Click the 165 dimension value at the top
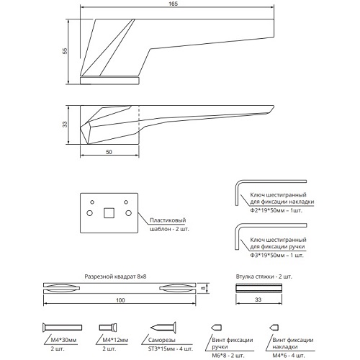coord(173,4)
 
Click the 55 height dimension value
coord(65,51)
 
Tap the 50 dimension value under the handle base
coord(109,152)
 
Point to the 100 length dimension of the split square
coord(120,300)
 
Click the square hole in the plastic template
coord(109,213)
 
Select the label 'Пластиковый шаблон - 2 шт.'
coord(169,225)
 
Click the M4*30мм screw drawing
coord(63,328)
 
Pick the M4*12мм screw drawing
coord(108,327)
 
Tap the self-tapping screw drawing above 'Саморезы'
coord(163,328)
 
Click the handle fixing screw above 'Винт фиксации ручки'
coord(217,328)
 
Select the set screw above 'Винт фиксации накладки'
coord(274,328)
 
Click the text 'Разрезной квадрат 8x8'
coord(115,276)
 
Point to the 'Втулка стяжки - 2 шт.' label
coord(264,276)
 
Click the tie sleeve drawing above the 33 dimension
coord(258,288)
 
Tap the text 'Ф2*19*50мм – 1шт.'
coord(276,210)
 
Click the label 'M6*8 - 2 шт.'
coord(228,355)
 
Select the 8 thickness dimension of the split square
coord(203,288)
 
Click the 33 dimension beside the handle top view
coord(65,125)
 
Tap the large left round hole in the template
coord(89,213)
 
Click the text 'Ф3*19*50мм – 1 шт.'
coord(276,256)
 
